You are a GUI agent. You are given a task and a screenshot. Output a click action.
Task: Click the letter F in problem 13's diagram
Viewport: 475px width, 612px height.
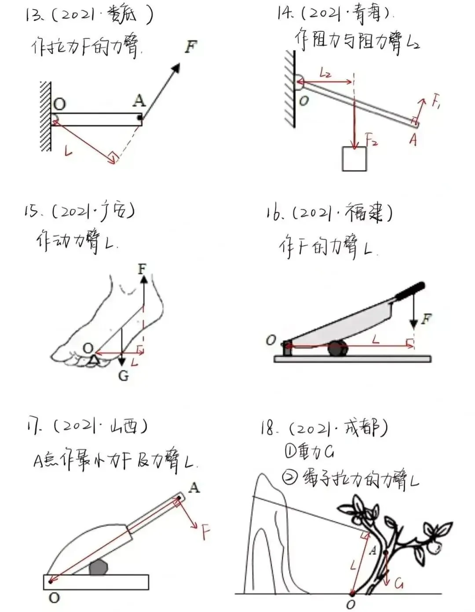(x=191, y=47)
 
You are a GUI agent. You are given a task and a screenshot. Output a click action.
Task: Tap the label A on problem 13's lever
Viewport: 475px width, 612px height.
(x=139, y=101)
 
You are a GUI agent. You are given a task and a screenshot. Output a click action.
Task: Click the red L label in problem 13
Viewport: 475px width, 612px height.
(x=69, y=151)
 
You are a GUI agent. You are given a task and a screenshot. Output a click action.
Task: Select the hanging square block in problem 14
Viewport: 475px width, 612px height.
(x=354, y=159)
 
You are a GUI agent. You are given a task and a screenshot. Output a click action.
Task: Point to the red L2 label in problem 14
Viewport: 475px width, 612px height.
(x=325, y=74)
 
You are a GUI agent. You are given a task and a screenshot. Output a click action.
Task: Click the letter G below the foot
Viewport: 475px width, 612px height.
(x=124, y=376)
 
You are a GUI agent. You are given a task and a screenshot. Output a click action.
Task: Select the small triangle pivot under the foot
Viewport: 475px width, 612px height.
(x=93, y=361)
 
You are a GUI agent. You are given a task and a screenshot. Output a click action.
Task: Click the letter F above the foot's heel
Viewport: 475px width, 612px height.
(x=142, y=268)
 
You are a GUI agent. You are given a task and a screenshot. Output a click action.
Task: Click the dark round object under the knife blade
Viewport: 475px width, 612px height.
(x=338, y=348)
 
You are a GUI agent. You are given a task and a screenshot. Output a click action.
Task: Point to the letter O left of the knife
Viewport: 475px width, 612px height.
(x=271, y=340)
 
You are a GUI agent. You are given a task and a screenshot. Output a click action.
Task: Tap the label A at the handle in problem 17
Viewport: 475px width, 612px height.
(x=194, y=487)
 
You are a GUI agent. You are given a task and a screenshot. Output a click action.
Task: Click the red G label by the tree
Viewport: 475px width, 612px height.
(x=398, y=584)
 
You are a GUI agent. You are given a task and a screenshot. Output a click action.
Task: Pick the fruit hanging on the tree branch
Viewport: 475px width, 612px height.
(x=435, y=547)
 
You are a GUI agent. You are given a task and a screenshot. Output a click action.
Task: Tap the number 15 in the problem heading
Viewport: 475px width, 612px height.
(x=32, y=212)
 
